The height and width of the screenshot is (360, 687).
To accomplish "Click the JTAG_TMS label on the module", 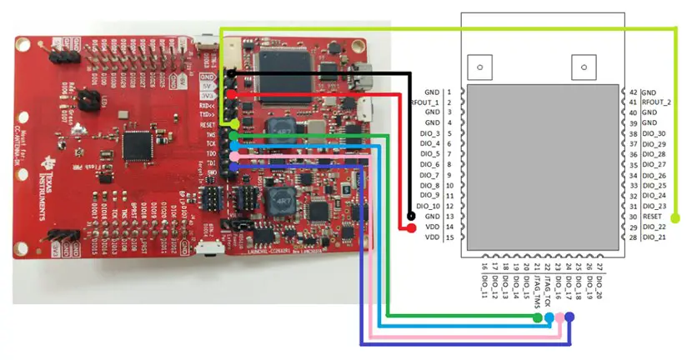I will point(536,282).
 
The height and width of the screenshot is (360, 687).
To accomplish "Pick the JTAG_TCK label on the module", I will point(547,281).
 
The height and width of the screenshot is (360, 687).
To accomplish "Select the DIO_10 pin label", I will point(427,206).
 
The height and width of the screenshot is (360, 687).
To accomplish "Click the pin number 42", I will point(633,92).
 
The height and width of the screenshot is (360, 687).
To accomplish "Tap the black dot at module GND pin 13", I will point(412,217).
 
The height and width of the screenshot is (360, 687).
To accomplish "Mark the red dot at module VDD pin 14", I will point(412,227).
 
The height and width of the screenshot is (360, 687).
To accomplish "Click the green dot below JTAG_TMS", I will point(536,317).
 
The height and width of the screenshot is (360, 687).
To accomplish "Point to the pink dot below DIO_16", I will point(559,317).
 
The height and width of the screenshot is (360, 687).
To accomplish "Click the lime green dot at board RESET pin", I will point(231,124).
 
